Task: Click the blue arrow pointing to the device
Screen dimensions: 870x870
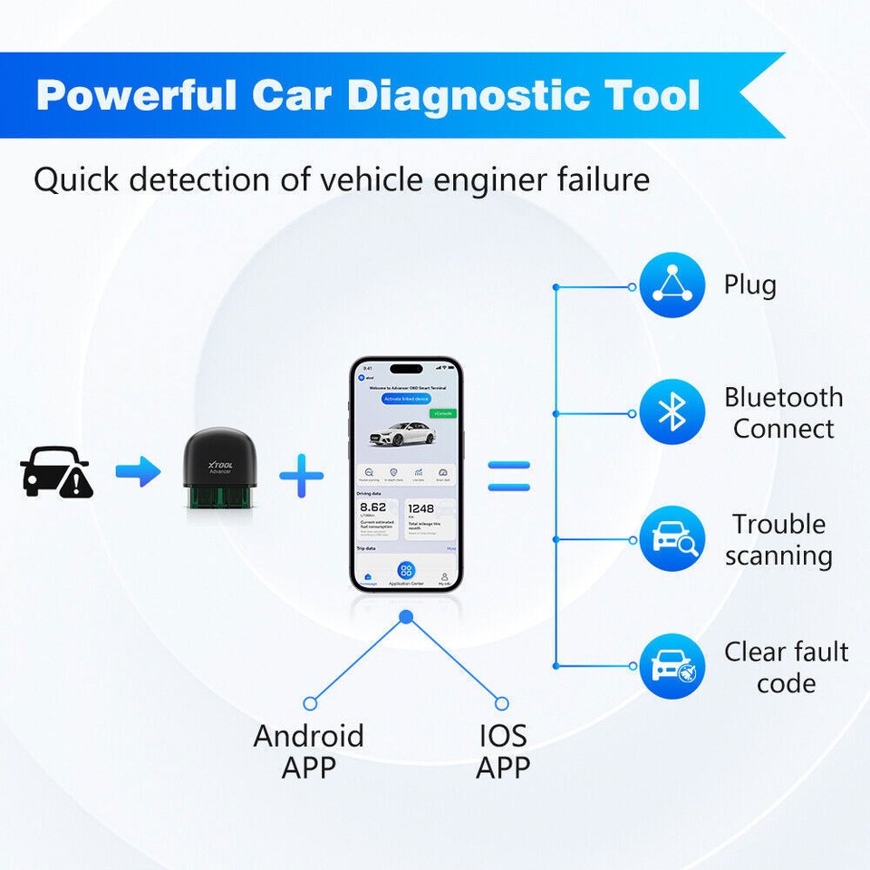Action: click(x=138, y=471)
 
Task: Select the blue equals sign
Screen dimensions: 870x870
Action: click(x=508, y=476)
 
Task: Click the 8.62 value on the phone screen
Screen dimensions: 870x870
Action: click(x=373, y=508)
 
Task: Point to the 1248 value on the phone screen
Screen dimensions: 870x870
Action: click(x=422, y=508)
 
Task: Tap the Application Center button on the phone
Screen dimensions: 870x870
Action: click(x=406, y=573)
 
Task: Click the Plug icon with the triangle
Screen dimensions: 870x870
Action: click(x=672, y=285)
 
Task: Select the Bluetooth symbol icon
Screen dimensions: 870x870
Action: click(x=672, y=412)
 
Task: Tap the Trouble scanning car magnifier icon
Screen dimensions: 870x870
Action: click(x=672, y=539)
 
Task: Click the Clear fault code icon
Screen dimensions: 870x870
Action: click(x=672, y=666)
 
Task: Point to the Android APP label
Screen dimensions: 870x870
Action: click(x=308, y=750)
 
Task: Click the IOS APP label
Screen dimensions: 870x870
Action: click(x=503, y=750)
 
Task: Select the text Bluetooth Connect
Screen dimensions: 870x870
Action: click(x=783, y=412)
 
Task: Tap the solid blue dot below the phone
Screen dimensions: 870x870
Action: click(x=406, y=617)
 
